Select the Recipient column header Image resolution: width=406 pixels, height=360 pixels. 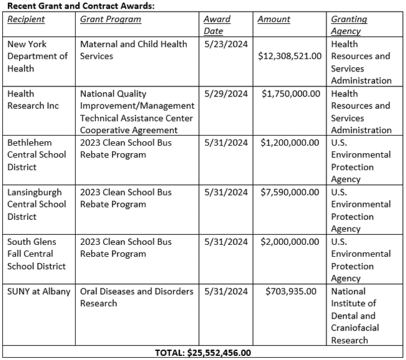[26, 19]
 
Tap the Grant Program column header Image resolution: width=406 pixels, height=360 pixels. [111, 19]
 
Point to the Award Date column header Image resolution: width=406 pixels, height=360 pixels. [217, 25]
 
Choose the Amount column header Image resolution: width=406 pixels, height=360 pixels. [274, 19]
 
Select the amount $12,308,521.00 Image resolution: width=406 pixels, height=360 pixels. [291, 56]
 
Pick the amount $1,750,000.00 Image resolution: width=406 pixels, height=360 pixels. [291, 94]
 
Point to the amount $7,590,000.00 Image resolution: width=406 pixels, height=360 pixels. [291, 192]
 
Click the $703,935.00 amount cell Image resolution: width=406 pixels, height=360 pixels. [291, 291]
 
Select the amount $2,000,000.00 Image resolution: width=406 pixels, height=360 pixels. [291, 241]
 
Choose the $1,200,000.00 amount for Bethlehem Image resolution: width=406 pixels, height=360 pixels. [291, 143]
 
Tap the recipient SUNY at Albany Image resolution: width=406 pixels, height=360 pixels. [38, 291]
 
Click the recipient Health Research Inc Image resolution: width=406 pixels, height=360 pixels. [32, 100]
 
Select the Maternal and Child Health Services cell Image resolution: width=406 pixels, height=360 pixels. [133, 50]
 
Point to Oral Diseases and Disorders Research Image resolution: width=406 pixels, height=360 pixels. [137, 297]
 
